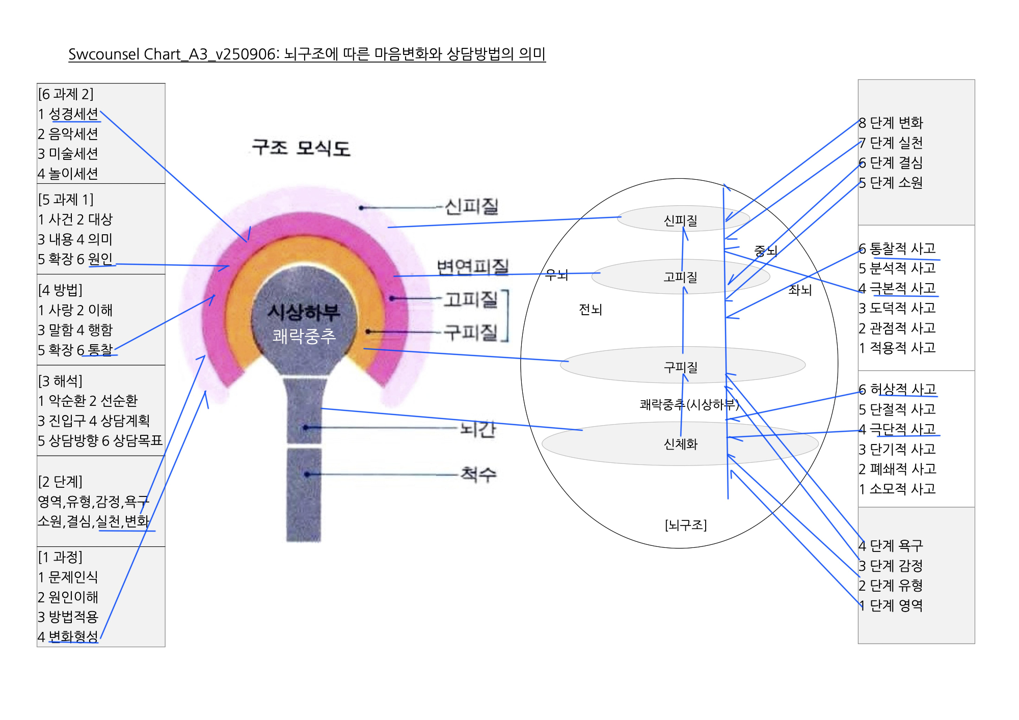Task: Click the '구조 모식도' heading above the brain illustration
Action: click(x=301, y=148)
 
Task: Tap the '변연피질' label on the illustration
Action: click(x=473, y=267)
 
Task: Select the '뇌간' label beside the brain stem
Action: click(x=477, y=429)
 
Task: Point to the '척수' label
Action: click(x=478, y=475)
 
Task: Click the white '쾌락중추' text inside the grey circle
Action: click(x=304, y=336)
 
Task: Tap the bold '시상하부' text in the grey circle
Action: click(x=304, y=312)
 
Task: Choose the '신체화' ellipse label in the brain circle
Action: click(x=680, y=444)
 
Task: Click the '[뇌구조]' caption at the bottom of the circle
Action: click(x=685, y=524)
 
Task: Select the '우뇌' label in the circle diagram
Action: click(x=556, y=275)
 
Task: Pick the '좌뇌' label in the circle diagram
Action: click(x=799, y=290)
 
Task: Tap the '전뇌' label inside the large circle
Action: click(x=590, y=309)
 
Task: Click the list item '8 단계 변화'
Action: click(x=891, y=123)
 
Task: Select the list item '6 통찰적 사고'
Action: click(x=897, y=248)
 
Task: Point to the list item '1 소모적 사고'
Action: click(x=897, y=489)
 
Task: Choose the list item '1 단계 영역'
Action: click(x=891, y=605)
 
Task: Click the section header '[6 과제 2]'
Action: click(x=66, y=94)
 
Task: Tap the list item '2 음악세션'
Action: click(x=68, y=134)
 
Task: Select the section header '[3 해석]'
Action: click(x=60, y=381)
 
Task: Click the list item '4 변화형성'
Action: click(x=68, y=636)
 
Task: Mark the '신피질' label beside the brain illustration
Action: click(x=471, y=207)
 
